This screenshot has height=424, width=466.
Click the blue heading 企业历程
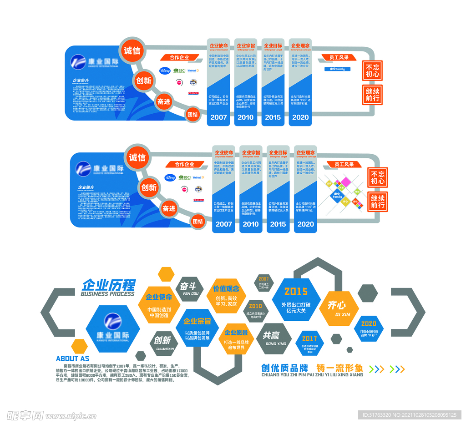tap(108, 285)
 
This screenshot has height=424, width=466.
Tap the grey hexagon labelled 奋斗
tap(188, 289)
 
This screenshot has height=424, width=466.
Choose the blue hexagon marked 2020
tap(369, 328)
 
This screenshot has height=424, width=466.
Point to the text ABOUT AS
tap(72, 358)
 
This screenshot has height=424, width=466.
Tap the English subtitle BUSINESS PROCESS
tap(107, 294)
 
